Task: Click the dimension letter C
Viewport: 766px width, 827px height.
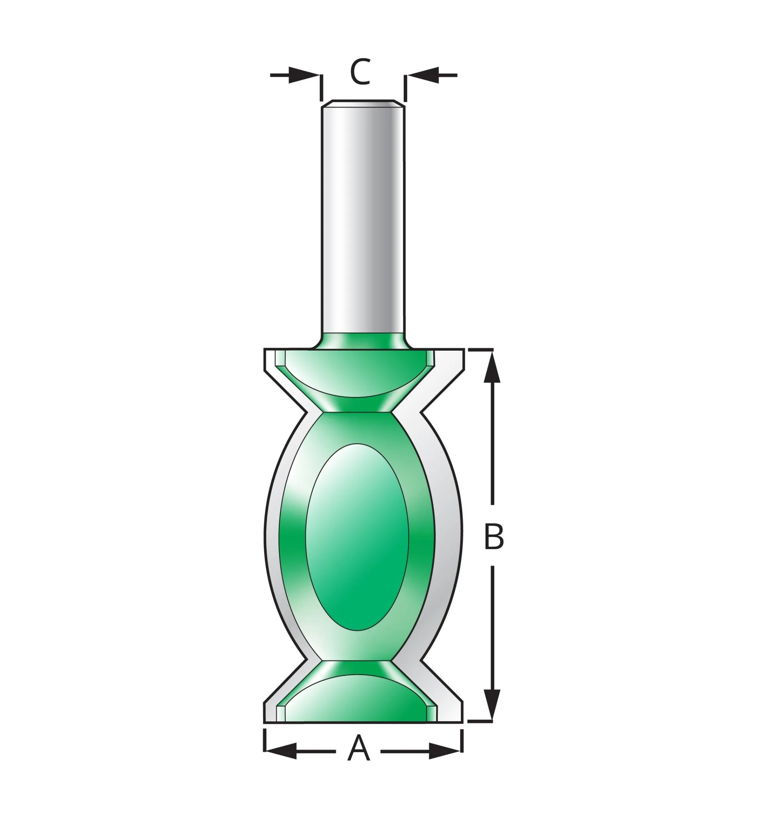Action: pyautogui.click(x=360, y=72)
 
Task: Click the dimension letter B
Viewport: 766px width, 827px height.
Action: pyautogui.click(x=494, y=537)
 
